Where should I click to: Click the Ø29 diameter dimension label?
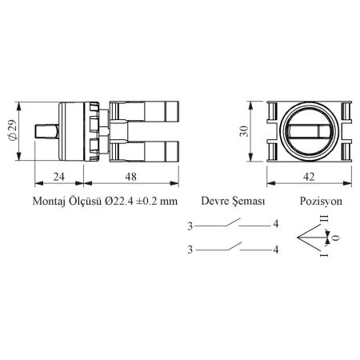point(13,130)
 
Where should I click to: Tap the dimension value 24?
point(59,177)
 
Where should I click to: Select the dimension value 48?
point(131,177)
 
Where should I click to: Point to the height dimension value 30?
point(244,131)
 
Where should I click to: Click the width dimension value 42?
point(309,177)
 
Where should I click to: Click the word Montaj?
point(49,201)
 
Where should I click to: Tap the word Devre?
point(214,201)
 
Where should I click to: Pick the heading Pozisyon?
point(321,201)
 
